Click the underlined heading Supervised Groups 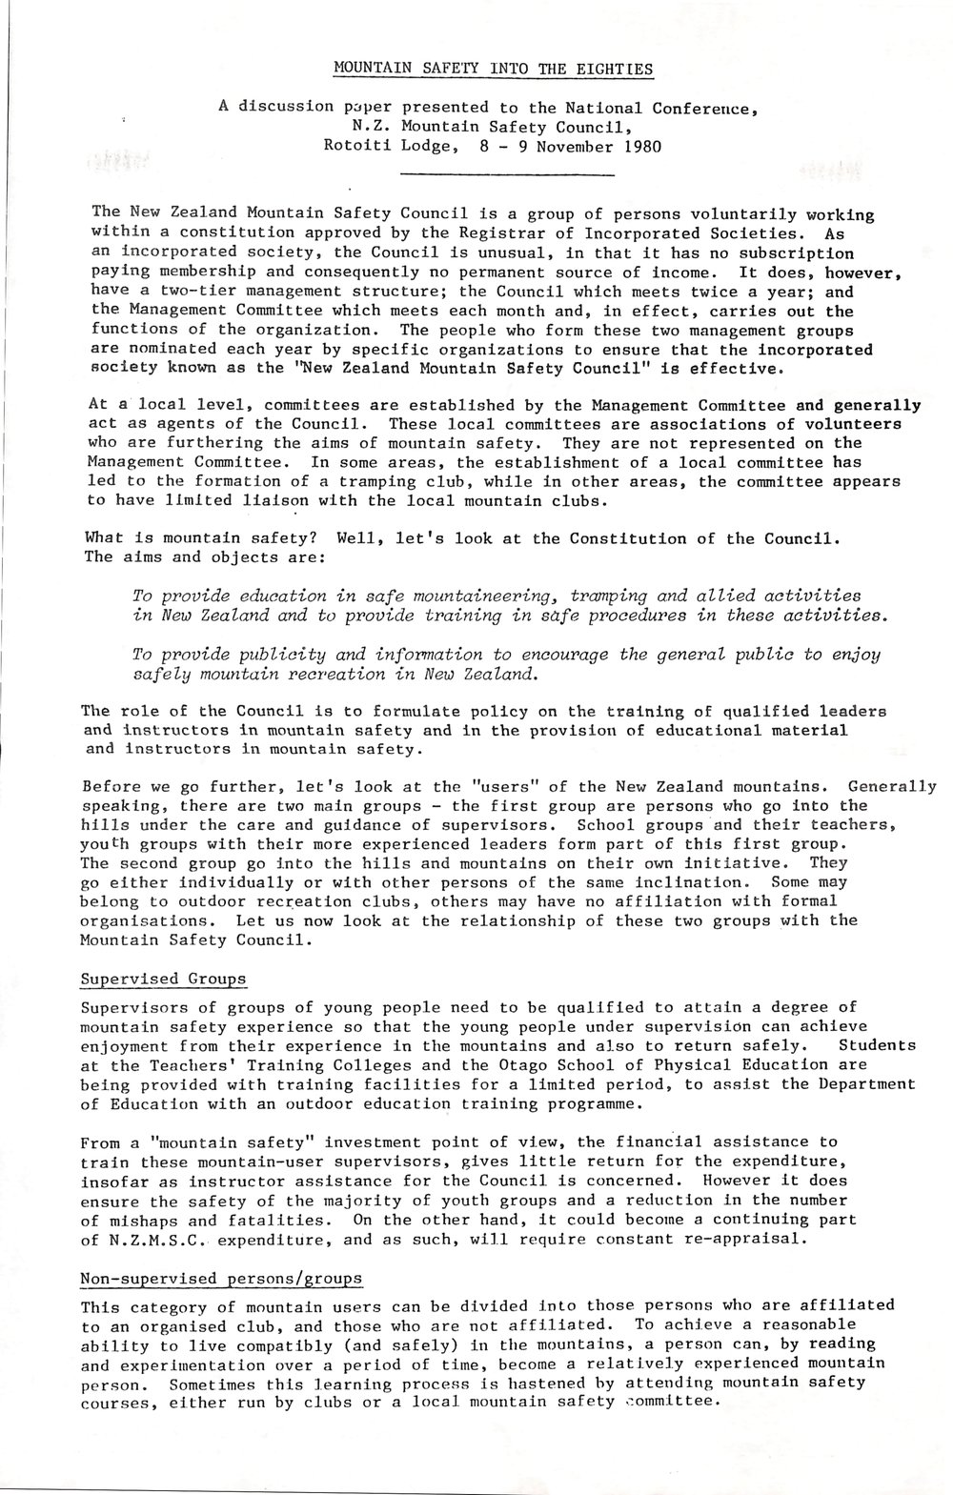click(x=163, y=979)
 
